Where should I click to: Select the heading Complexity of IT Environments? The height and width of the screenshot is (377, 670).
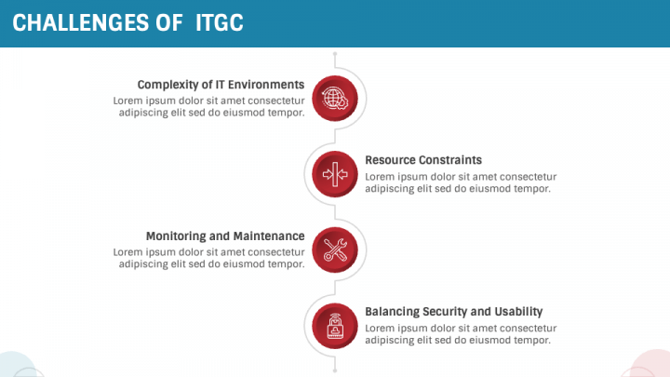pos(221,84)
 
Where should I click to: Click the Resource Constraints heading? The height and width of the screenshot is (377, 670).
pos(423,160)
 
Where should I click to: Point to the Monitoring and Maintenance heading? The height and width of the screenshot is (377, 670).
pos(225,236)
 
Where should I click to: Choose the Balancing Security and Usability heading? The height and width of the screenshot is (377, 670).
pos(453,312)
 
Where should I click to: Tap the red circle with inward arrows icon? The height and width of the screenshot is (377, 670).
pos(335,173)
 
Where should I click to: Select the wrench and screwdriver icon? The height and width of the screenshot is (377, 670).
pos(335,249)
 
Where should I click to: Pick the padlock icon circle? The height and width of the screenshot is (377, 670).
pos(335,326)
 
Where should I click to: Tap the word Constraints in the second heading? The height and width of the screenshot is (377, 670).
pos(449,160)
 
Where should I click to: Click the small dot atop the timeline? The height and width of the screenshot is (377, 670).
pos(335,54)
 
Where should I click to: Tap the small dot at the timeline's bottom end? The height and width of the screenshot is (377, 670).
pos(335,370)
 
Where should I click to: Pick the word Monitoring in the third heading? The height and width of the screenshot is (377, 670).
pos(177,236)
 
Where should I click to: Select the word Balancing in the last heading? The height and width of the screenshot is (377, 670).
pos(392,312)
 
